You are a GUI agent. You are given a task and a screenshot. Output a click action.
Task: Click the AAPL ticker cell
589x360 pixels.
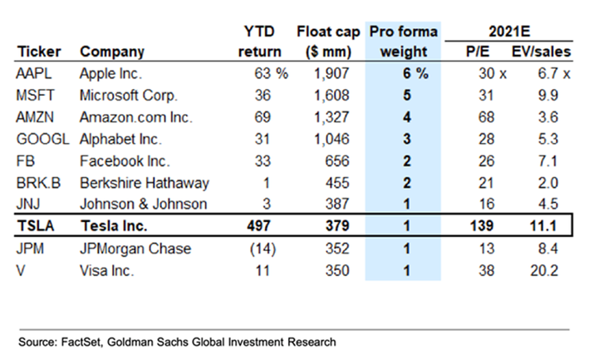click(x=32, y=73)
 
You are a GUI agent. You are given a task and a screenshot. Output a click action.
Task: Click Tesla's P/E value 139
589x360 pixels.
click(x=483, y=226)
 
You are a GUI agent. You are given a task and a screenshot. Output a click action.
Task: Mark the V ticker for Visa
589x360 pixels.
click(x=21, y=269)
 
